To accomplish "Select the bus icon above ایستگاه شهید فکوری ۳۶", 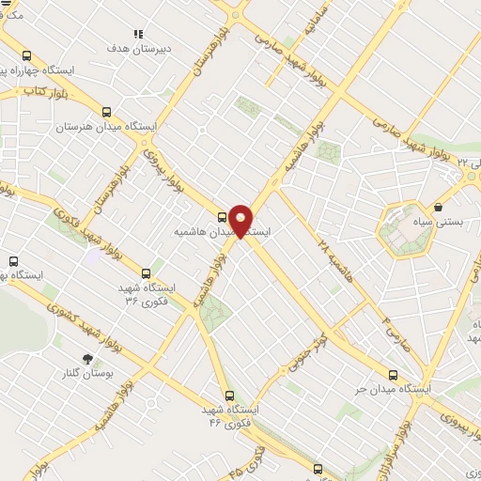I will (x=145, y=273).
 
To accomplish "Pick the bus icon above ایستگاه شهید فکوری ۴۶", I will (x=229, y=396).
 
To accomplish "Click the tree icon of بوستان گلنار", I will (x=88, y=359).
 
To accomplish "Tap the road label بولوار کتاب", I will (x=45, y=92).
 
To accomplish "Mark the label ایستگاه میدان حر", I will (x=426, y=387).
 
